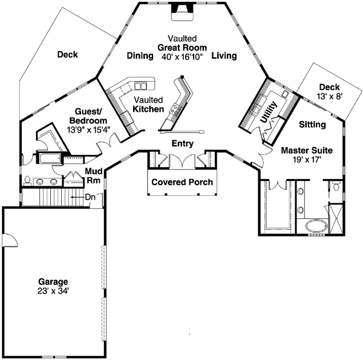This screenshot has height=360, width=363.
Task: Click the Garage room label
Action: point(53,281)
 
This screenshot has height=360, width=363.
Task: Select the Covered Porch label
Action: point(181,182)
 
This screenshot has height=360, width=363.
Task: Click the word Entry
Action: point(182,143)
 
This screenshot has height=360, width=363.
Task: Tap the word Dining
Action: point(139,56)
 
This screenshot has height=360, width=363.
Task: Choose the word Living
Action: point(224,56)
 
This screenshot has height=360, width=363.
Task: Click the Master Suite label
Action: point(307,149)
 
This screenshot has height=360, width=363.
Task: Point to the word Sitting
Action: point(313,125)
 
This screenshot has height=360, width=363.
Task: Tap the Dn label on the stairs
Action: point(90,197)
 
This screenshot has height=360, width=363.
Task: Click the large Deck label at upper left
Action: point(68,54)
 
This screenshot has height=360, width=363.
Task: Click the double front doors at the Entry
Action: point(181,161)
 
